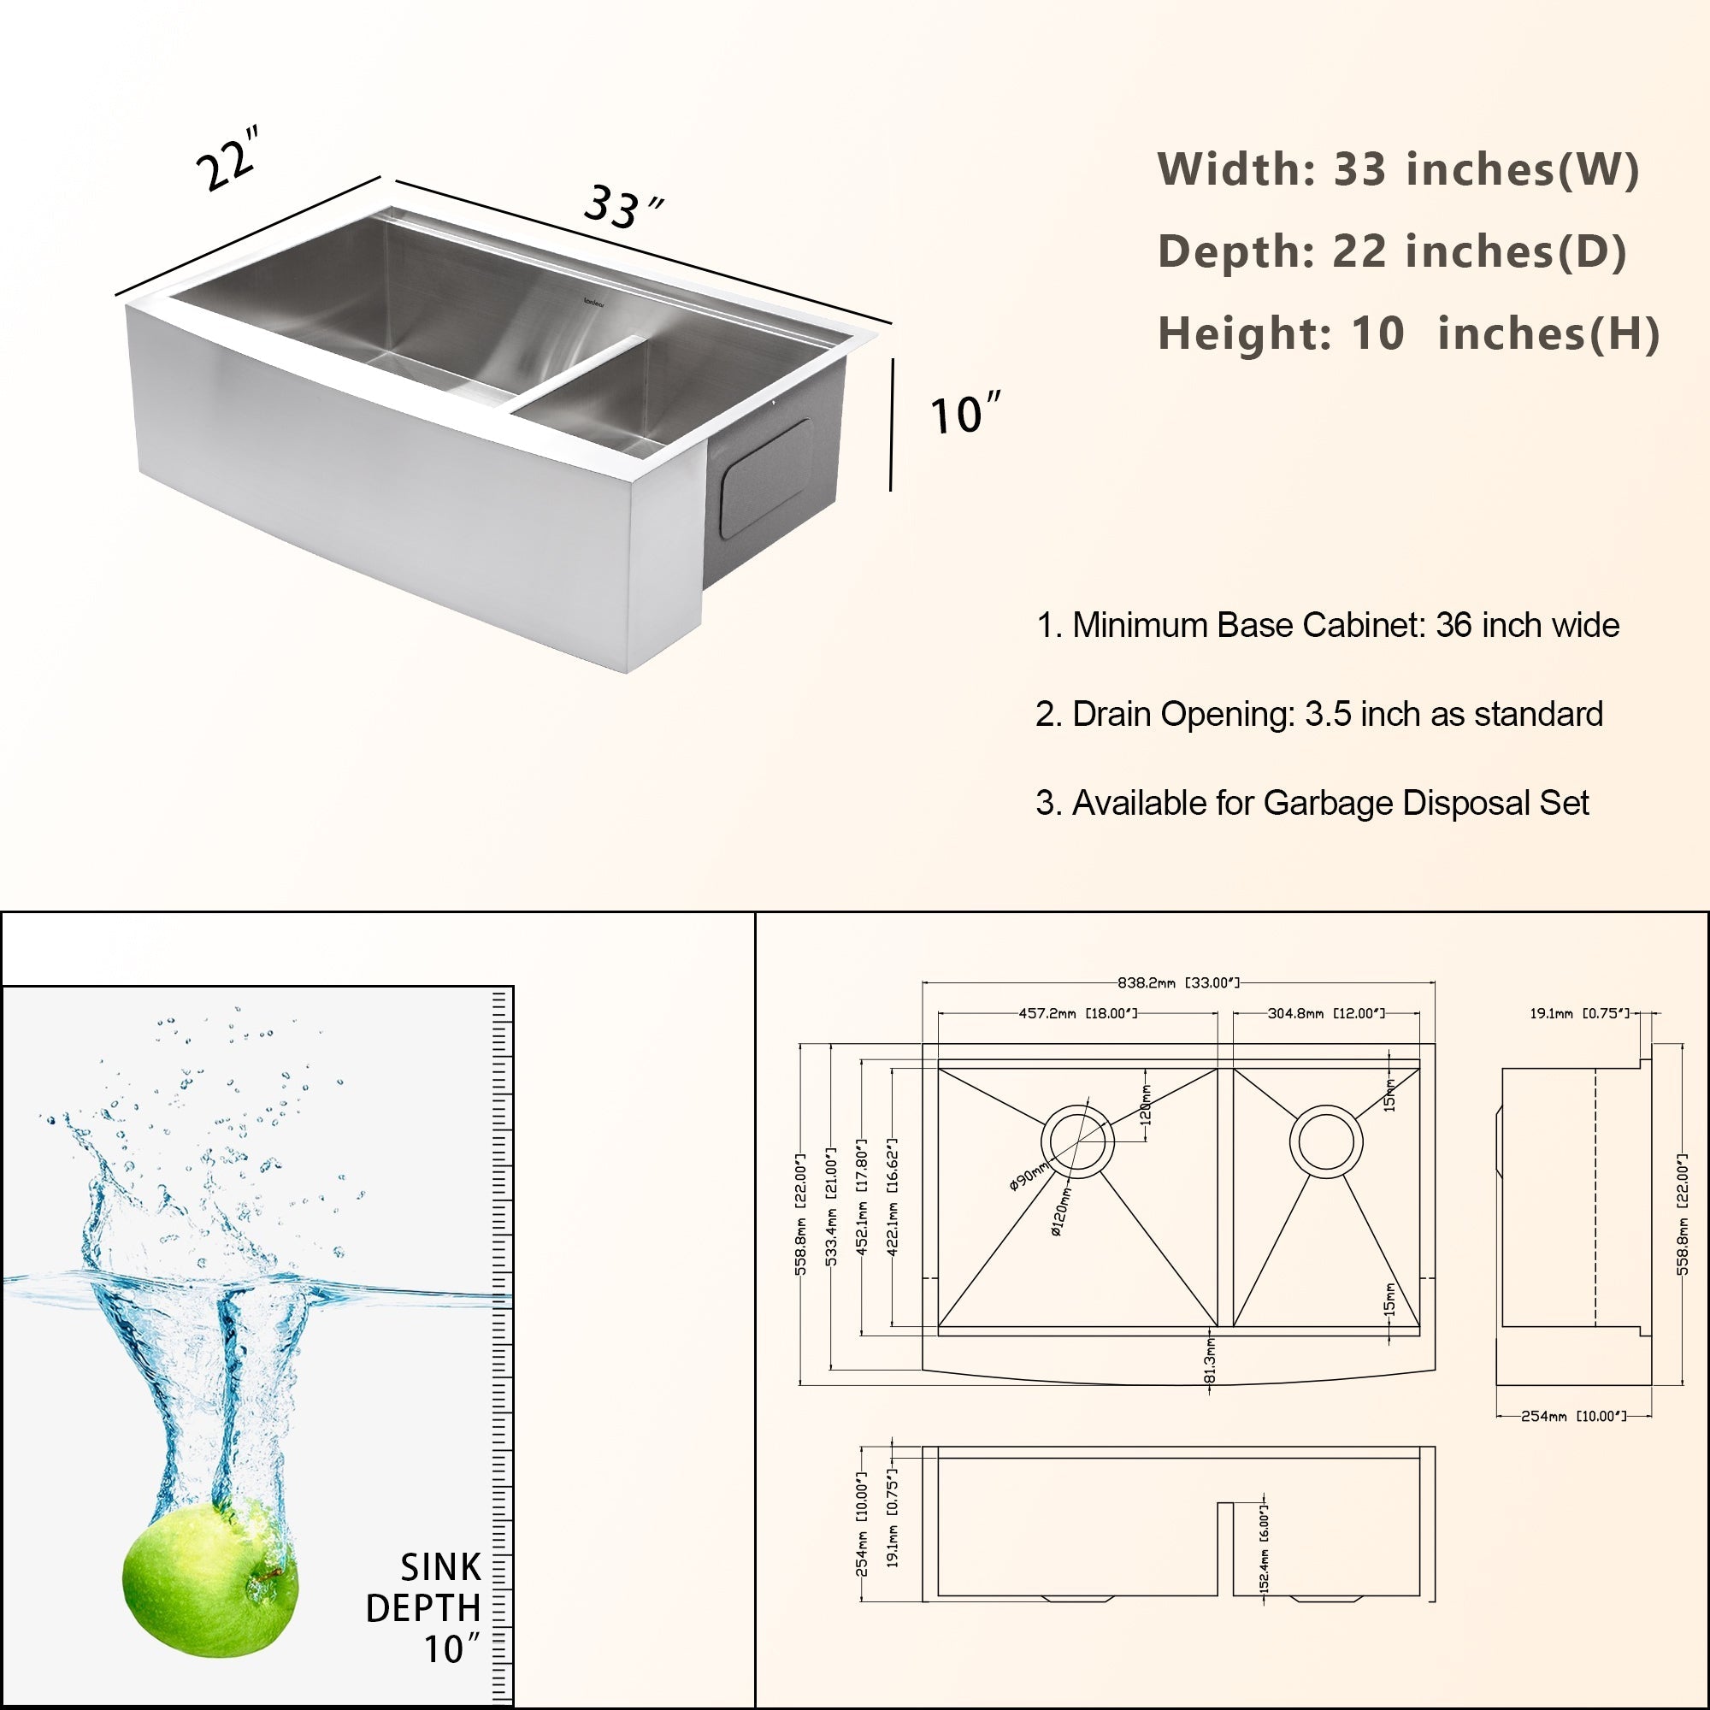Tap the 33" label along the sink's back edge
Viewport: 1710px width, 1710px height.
[622, 207]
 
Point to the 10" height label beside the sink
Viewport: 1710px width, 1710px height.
[964, 413]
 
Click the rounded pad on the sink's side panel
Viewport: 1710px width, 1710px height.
[764, 479]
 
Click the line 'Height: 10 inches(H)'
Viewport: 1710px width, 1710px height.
[1407, 333]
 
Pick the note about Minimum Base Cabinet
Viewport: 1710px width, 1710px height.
[1328, 625]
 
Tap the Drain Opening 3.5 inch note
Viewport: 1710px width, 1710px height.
[1318, 714]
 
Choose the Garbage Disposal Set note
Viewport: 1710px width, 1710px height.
[1312, 803]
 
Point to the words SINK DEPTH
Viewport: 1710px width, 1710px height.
[425, 1587]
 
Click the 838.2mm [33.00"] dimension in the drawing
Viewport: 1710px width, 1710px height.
[1178, 982]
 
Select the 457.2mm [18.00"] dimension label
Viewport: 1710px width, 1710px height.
[1077, 1013]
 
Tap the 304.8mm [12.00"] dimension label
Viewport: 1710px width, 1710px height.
[1326, 1013]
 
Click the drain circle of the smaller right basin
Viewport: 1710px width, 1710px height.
[1325, 1141]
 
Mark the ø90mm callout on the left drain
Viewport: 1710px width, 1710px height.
[1028, 1179]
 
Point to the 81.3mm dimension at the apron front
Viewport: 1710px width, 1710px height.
[1210, 1359]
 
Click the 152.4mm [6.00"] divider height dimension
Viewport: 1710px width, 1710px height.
[1264, 1548]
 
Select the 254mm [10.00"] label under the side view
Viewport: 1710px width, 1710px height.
[1573, 1416]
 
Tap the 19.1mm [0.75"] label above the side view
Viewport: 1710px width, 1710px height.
[1579, 1013]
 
